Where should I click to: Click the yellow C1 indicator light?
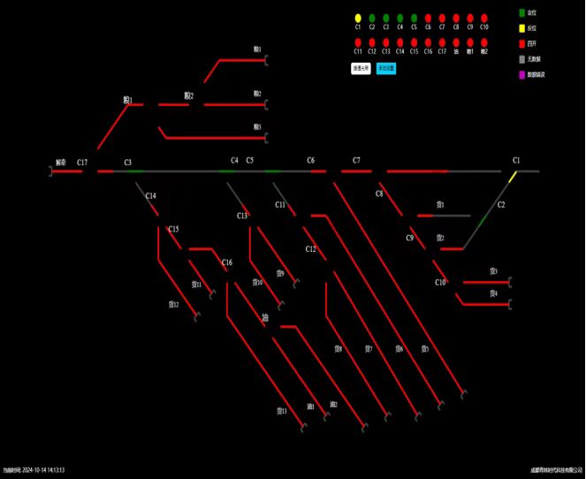pyautogui.click(x=358, y=18)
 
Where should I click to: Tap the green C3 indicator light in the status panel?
pyautogui.click(x=386, y=18)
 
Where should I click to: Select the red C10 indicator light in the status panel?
pyautogui.click(x=484, y=18)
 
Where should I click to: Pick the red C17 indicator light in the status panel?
pyautogui.click(x=442, y=42)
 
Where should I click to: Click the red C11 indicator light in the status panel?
pyautogui.click(x=358, y=42)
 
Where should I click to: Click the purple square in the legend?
pyautogui.click(x=522, y=74)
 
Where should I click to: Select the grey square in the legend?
pyautogui.click(x=522, y=58)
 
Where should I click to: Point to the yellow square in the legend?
pyautogui.click(x=522, y=28)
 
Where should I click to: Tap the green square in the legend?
pyautogui.click(x=522, y=13)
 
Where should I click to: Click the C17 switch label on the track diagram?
pyautogui.click(x=82, y=163)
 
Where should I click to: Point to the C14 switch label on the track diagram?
pyautogui.click(x=151, y=195)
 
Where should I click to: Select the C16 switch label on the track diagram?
pyautogui.click(x=227, y=262)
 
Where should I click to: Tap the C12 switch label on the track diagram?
pyautogui.click(x=311, y=249)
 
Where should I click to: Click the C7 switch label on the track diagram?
pyautogui.click(x=356, y=161)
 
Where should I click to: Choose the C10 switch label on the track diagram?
pyautogui.click(x=440, y=283)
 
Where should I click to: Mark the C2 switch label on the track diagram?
pyautogui.click(x=501, y=205)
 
